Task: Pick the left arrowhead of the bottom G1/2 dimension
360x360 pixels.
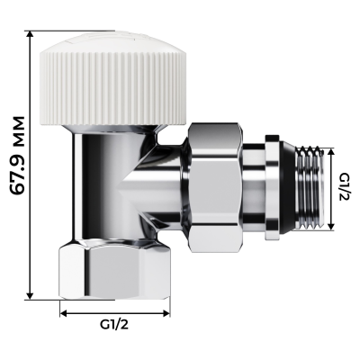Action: pos(64,313)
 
